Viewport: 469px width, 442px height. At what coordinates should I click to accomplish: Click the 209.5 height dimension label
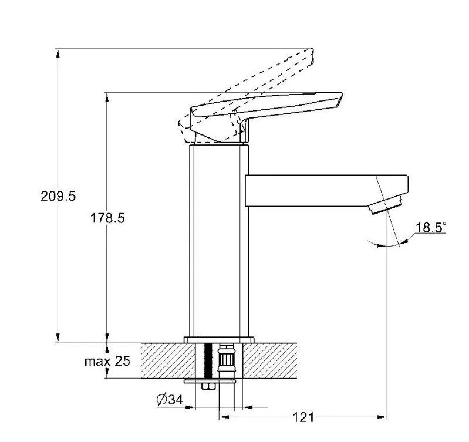[58, 196]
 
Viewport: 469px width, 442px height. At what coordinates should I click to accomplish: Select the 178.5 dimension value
[107, 218]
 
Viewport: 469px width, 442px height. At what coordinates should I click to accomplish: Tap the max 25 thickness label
[107, 361]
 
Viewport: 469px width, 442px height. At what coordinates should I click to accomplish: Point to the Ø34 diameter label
[170, 400]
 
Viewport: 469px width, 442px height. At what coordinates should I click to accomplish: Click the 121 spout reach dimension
[303, 417]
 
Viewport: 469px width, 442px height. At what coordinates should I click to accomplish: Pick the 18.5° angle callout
[431, 227]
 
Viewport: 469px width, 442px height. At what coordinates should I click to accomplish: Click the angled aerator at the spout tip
[385, 204]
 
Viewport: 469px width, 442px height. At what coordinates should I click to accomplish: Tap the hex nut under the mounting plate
[208, 386]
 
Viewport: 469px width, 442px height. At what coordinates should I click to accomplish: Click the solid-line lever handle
[266, 117]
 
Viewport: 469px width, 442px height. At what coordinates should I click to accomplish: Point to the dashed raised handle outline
[246, 95]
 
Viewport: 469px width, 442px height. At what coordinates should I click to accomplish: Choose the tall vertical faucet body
[219, 241]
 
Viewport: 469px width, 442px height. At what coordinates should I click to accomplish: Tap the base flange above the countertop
[219, 340]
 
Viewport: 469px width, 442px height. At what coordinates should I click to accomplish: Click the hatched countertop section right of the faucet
[269, 360]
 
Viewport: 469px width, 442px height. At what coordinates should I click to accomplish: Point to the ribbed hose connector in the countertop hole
[227, 358]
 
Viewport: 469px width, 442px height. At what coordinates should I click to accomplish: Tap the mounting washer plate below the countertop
[210, 382]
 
